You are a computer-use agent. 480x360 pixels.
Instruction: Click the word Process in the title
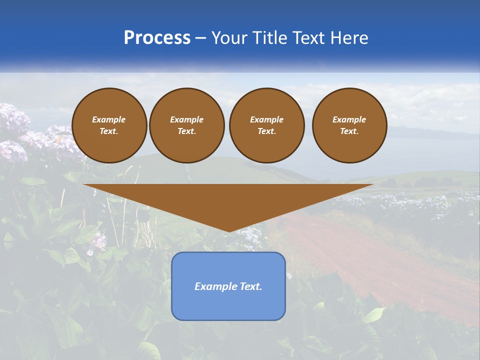pos(157,37)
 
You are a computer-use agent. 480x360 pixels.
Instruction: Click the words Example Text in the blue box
pos(228,286)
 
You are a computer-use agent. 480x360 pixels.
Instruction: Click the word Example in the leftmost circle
pos(109,119)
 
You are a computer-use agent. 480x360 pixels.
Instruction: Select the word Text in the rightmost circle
pos(349,131)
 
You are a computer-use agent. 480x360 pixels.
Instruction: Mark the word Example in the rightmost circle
pos(349,119)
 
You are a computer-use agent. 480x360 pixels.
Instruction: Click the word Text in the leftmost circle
pos(109,131)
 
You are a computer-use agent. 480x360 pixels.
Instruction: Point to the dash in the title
pos(201,38)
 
